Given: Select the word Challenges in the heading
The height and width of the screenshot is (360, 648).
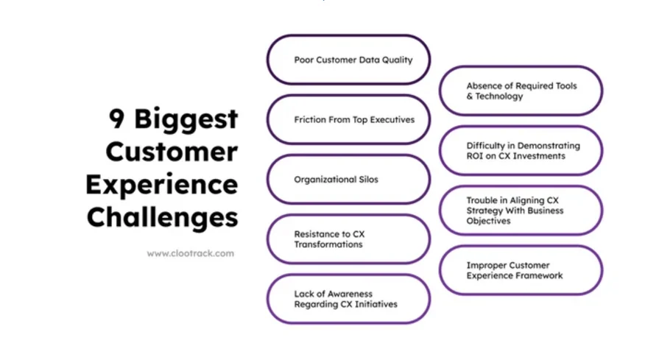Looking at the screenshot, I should pyautogui.click(x=162, y=218).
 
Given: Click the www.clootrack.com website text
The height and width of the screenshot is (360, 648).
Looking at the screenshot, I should pyautogui.click(x=190, y=253).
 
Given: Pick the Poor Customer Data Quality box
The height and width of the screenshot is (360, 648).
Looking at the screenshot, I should pyautogui.click(x=348, y=60).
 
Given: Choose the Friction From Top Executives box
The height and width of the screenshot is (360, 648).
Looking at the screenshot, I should pyautogui.click(x=348, y=119).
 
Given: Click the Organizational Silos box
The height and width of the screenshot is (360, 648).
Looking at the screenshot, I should pyautogui.click(x=348, y=179).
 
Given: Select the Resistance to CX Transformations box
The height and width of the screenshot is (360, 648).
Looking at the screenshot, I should pyautogui.click(x=348, y=239).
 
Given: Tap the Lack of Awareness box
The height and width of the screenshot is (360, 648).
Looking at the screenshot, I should pyautogui.click(x=348, y=299).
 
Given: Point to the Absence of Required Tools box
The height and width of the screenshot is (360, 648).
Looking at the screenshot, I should pyautogui.click(x=521, y=91).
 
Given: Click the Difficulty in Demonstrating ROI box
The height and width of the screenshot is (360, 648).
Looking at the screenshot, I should pyautogui.click(x=521, y=151).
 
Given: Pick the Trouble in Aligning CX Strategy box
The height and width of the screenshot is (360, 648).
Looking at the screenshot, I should pyautogui.click(x=521, y=211).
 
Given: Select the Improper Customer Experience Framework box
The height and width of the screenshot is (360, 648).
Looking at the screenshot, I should pyautogui.click(x=521, y=270).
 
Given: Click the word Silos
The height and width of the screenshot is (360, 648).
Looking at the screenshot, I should pyautogui.click(x=367, y=180).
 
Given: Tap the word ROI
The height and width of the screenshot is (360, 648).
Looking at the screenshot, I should pyautogui.click(x=476, y=156).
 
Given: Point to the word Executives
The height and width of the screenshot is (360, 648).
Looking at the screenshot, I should pyautogui.click(x=390, y=120).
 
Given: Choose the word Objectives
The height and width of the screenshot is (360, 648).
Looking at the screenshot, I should pyautogui.click(x=489, y=221).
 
